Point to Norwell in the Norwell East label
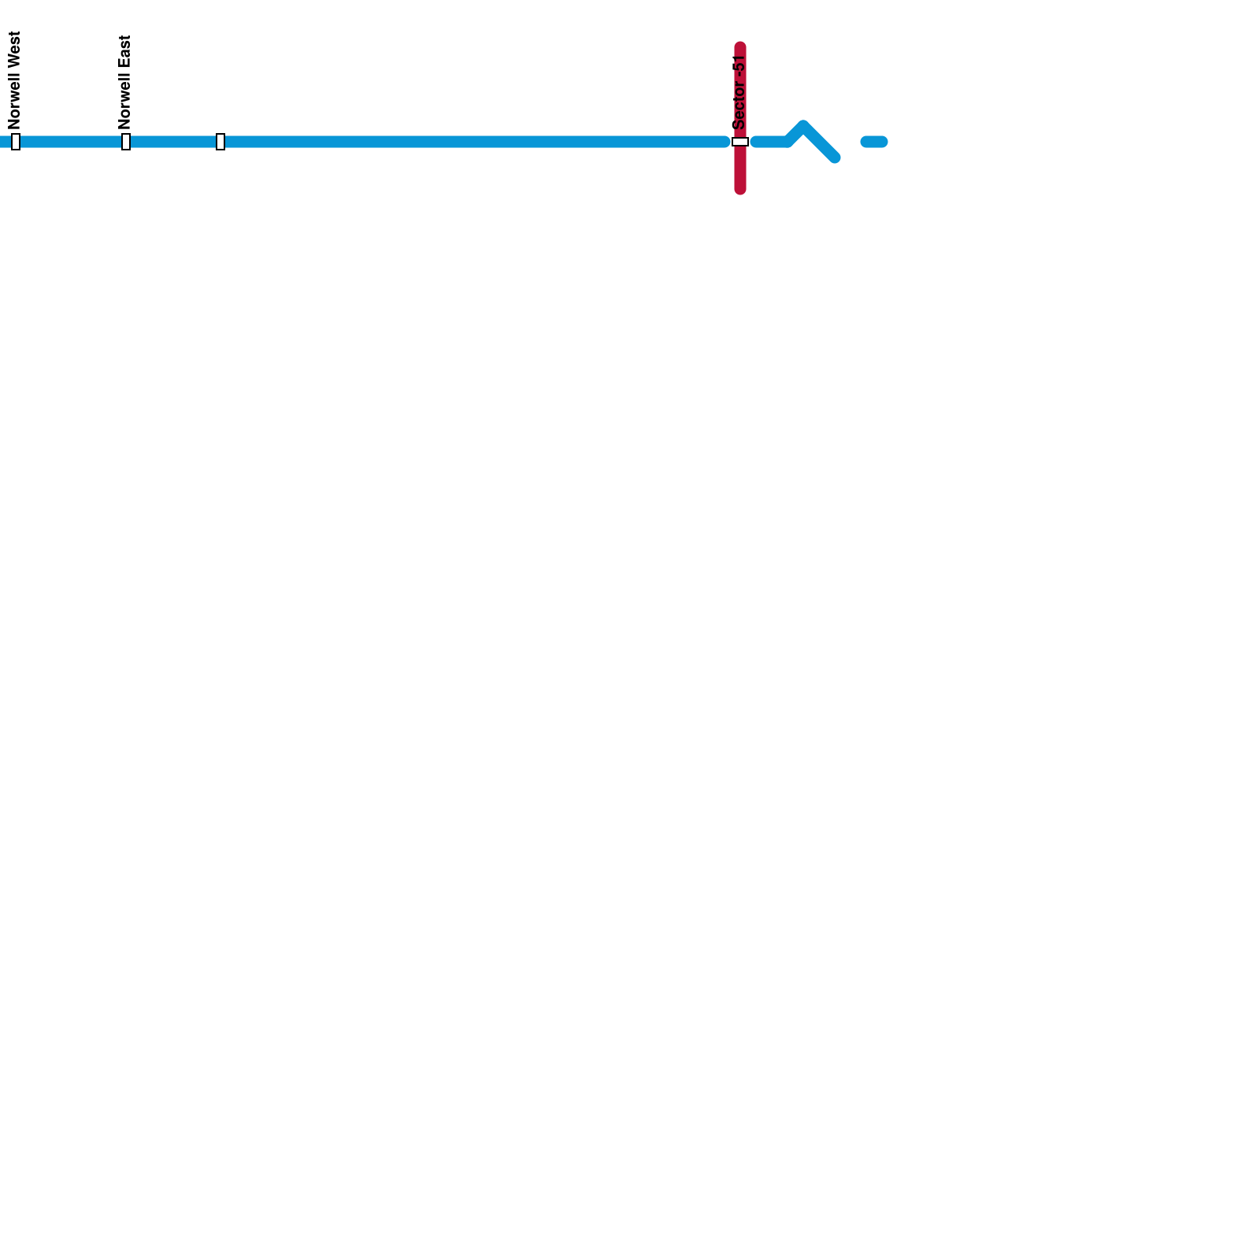coord(124,100)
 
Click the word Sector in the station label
coord(739,105)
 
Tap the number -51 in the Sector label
coord(739,65)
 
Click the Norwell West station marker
coord(16,142)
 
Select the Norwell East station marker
coord(126,142)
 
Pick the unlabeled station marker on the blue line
coord(220,142)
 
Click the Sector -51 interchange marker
coord(740,142)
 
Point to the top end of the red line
coord(740,46)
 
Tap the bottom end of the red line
coord(740,189)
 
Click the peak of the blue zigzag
coord(802,126)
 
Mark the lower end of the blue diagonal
coord(835,157)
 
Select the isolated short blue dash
coord(874,142)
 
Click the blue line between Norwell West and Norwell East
coord(71,142)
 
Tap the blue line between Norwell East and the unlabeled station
coord(173,142)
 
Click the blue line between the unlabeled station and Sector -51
coord(472,142)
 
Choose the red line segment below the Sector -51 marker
coord(740,169)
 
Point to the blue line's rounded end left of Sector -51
coord(724,142)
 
